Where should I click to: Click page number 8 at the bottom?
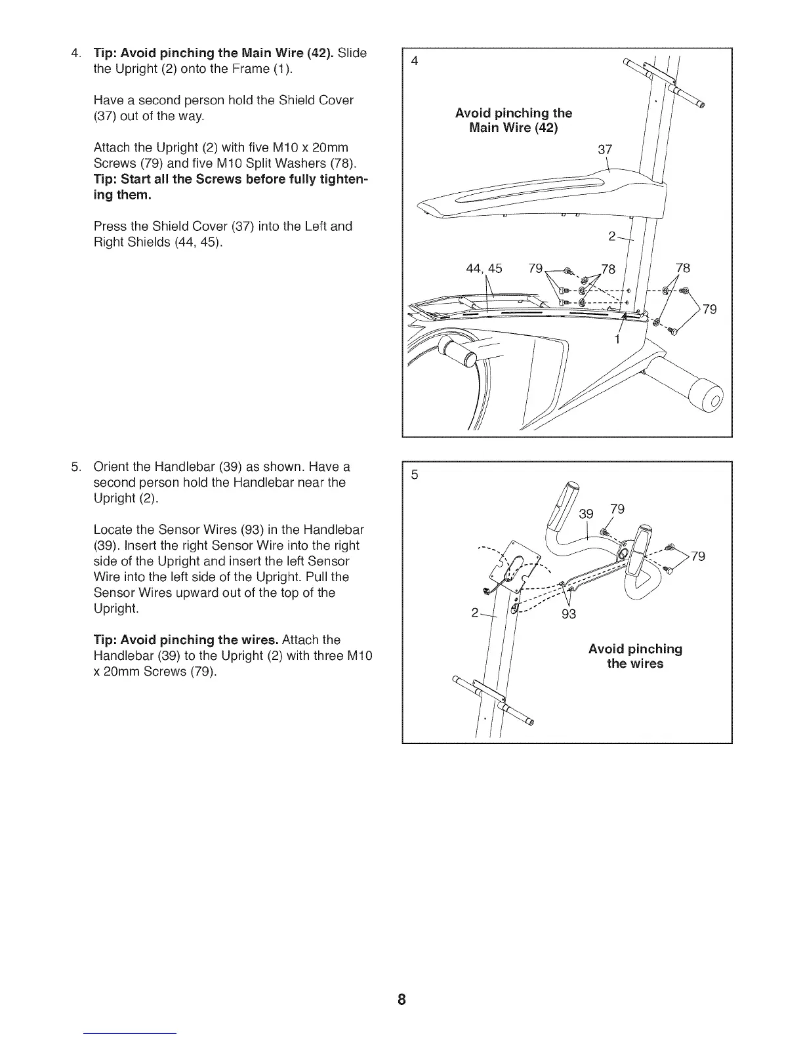point(401,1000)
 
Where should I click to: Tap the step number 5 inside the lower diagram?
point(414,476)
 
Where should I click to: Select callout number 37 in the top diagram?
point(604,150)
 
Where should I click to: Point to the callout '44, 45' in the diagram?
point(484,268)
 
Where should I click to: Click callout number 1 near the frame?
point(617,340)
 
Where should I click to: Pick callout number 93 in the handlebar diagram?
point(568,615)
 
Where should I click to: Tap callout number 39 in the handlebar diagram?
point(586,514)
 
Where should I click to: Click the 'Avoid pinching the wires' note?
point(635,656)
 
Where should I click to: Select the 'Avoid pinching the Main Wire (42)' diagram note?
point(514,120)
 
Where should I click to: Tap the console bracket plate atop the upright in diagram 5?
point(518,564)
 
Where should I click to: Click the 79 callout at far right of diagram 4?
point(710,309)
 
